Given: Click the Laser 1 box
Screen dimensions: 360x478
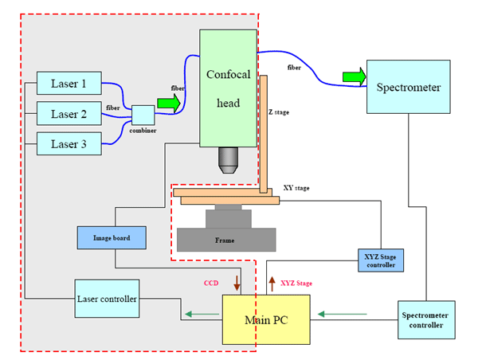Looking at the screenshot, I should (x=69, y=83).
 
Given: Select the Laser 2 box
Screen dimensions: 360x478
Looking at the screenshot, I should (x=69, y=114).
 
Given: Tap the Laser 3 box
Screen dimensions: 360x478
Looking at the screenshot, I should (x=69, y=144).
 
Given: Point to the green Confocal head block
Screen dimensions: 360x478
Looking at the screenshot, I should (x=229, y=88).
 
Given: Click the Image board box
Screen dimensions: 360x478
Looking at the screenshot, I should (x=112, y=237).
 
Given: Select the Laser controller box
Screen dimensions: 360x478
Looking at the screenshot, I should (x=107, y=299).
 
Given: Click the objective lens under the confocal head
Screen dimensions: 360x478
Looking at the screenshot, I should (x=229, y=162).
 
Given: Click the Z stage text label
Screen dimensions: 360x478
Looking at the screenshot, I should (x=279, y=113).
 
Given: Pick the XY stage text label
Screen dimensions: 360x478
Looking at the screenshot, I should (x=296, y=188).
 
